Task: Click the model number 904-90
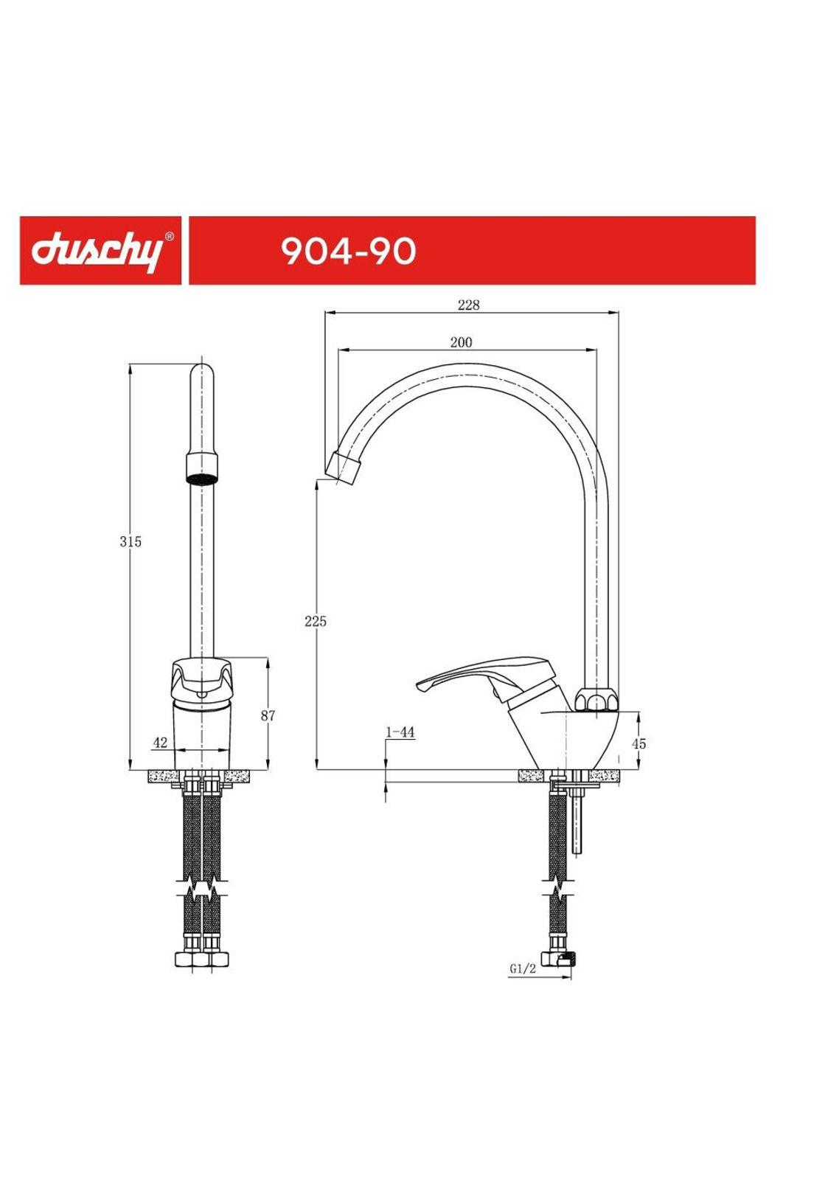pyautogui.click(x=348, y=251)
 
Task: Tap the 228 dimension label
pyautogui.click(x=468, y=305)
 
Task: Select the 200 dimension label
pyautogui.click(x=461, y=343)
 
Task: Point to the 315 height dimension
pyautogui.click(x=131, y=542)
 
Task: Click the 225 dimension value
pyautogui.click(x=316, y=622)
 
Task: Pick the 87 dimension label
pyautogui.click(x=268, y=715)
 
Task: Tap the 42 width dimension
pyautogui.click(x=160, y=743)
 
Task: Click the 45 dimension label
pyautogui.click(x=639, y=743)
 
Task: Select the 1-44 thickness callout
pyautogui.click(x=400, y=732)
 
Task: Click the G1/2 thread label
pyautogui.click(x=522, y=969)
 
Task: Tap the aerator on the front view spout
pyautogui.click(x=201, y=470)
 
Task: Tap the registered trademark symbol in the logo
pyautogui.click(x=170, y=237)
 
